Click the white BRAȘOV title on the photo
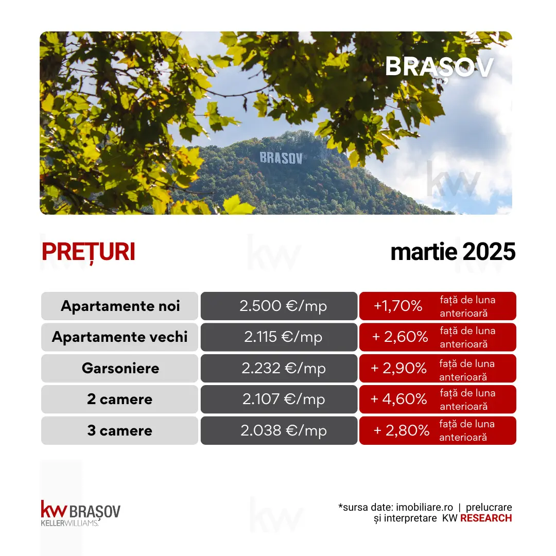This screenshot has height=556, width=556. (439, 67)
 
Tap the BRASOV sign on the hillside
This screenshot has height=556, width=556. (281, 158)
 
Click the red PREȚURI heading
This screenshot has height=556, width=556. (89, 252)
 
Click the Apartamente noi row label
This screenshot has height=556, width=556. (120, 306)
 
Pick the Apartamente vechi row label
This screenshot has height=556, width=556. (119, 337)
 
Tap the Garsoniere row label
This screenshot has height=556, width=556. (120, 368)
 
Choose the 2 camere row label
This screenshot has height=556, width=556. (119, 399)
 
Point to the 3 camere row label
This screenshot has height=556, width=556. (119, 430)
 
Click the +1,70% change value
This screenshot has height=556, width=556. (398, 306)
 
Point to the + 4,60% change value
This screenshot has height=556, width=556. (398, 399)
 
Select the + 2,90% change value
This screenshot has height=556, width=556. (398, 368)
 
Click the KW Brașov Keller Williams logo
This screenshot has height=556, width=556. (80, 513)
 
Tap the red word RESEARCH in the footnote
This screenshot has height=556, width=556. (486, 518)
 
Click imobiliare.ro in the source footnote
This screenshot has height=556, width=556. (424, 507)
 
